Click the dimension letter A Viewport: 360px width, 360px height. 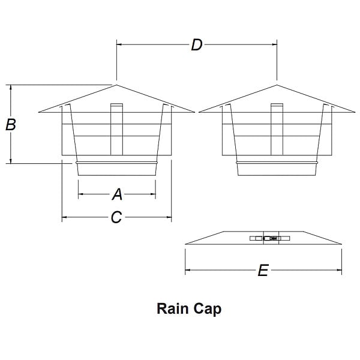tap(117, 194)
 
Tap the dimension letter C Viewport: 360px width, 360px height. tap(116, 217)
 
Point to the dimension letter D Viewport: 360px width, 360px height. tap(196, 44)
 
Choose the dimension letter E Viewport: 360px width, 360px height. tap(262, 271)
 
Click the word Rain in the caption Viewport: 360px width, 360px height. tap(173, 308)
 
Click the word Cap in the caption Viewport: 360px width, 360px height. tap(208, 309)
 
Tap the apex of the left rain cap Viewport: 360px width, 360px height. tap(116, 85)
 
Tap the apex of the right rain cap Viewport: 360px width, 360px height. tap(277, 85)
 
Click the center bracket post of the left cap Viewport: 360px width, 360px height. tap(116, 129)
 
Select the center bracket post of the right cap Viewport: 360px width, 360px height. tap(277, 129)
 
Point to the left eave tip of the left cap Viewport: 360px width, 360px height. tap(39, 112)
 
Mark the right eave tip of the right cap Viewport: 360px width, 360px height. tap(355, 112)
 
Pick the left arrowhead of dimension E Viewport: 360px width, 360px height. tap(187, 271)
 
